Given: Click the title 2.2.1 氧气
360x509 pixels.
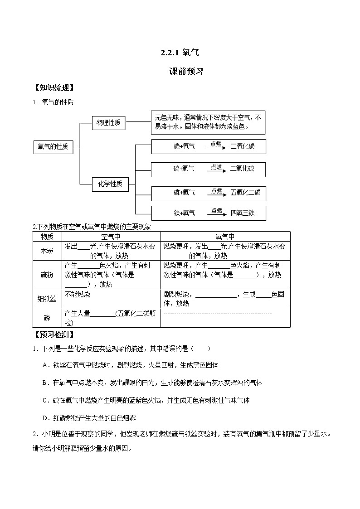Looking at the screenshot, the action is point(180,53).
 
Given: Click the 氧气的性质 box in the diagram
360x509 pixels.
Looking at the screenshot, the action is point(53,147).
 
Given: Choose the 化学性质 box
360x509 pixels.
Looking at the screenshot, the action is point(110,184).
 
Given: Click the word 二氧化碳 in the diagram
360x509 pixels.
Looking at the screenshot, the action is point(242,146).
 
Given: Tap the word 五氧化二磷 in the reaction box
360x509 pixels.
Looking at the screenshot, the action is point(245,193).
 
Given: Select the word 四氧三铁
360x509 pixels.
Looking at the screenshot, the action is point(243,213).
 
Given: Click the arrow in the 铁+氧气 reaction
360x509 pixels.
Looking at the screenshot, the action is point(216,214).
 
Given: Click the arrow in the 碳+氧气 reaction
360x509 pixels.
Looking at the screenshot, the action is point(216,148).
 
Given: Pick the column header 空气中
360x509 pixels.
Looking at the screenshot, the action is point(111,236).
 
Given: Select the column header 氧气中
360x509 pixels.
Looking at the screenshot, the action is point(225,236).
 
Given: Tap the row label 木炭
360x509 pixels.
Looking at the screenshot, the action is point(47,251).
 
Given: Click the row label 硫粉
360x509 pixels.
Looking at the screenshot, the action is point(47,275).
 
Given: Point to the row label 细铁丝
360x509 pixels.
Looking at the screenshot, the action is point(47,299).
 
